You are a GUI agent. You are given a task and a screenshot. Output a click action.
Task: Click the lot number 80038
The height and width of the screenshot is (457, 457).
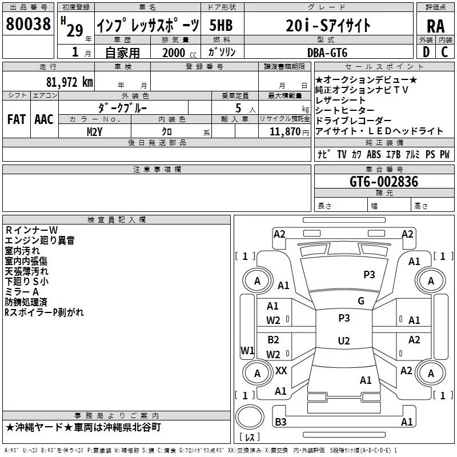27,24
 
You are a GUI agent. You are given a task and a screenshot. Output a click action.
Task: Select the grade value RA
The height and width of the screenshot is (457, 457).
435,25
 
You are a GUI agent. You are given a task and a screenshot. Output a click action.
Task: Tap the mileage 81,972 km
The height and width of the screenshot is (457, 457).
66,82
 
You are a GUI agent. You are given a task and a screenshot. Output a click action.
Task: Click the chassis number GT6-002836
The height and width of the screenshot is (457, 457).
384,182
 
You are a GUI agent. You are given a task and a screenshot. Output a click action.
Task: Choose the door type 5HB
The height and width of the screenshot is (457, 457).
221,25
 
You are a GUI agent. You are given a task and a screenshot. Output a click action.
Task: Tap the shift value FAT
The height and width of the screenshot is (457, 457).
16,119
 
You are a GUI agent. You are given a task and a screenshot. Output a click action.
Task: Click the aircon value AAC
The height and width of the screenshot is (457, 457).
43,119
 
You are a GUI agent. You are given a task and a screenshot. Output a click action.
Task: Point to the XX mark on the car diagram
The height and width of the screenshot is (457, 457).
281,371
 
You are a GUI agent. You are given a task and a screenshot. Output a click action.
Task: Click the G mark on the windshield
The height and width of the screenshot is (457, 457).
360,301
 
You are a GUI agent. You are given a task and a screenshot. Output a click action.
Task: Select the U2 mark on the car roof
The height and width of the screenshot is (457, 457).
344,341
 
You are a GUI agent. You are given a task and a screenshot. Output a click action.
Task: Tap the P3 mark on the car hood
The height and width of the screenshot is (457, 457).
369,275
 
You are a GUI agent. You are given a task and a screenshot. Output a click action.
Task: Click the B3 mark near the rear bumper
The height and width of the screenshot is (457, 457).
280,422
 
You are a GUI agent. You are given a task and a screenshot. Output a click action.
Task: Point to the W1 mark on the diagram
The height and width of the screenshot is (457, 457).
247,350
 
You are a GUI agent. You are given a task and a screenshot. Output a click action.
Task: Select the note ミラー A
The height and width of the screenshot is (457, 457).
22,292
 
